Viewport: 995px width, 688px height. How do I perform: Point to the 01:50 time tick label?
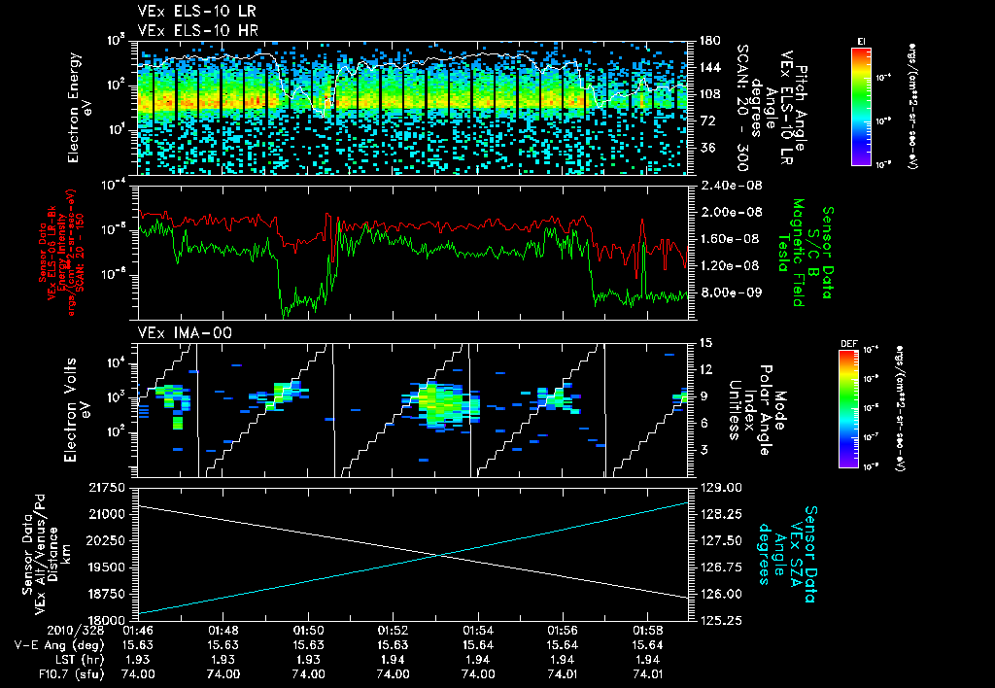tap(308, 631)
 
